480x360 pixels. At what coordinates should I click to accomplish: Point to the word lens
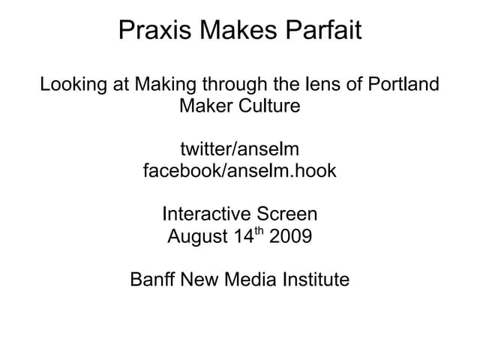point(317,84)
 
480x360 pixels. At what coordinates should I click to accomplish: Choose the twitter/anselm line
point(240,149)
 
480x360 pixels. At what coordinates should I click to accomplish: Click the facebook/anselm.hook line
point(240,171)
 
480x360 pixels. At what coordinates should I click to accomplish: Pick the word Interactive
point(204,214)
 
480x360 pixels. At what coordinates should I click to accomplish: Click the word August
point(197,237)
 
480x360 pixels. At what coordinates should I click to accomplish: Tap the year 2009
point(289,237)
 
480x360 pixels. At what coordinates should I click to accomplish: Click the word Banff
point(151,280)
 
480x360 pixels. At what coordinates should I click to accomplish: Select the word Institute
point(316,280)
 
